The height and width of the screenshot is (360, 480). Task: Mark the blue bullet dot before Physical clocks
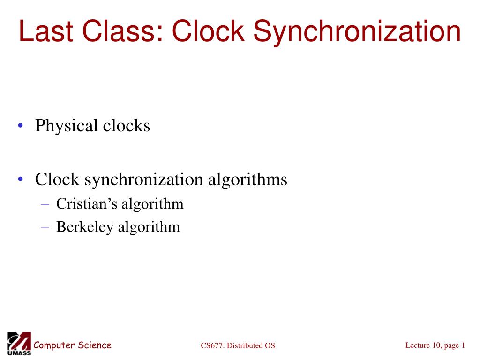[21, 126]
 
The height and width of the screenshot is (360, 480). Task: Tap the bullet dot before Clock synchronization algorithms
[21, 180]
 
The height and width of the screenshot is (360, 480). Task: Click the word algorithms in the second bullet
[248, 179]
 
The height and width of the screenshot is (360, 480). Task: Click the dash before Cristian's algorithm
[45, 204]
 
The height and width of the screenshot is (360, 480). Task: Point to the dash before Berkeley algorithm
[45, 227]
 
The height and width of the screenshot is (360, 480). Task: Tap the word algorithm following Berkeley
[149, 227]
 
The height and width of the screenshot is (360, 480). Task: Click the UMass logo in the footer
[19, 344]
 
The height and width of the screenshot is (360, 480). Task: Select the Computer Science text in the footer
[72, 345]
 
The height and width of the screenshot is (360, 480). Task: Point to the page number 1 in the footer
[463, 345]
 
